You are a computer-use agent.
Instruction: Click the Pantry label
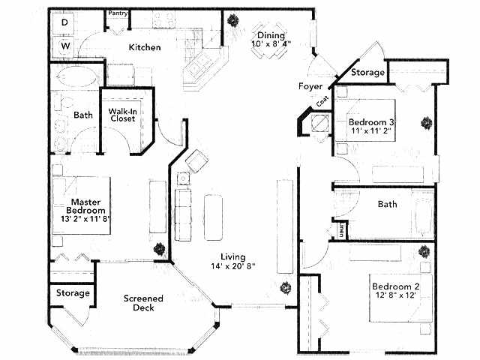click(x=118, y=13)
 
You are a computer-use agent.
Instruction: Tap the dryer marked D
click(x=65, y=23)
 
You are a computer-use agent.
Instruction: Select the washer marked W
click(x=65, y=46)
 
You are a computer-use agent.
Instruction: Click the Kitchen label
click(x=145, y=47)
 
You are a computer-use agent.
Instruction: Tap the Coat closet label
click(x=322, y=100)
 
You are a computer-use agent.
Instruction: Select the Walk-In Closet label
click(x=121, y=115)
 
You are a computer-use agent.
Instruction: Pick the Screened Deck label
click(x=142, y=303)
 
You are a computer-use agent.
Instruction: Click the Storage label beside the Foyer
click(x=367, y=73)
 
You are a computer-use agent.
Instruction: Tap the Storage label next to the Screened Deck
click(x=73, y=292)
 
